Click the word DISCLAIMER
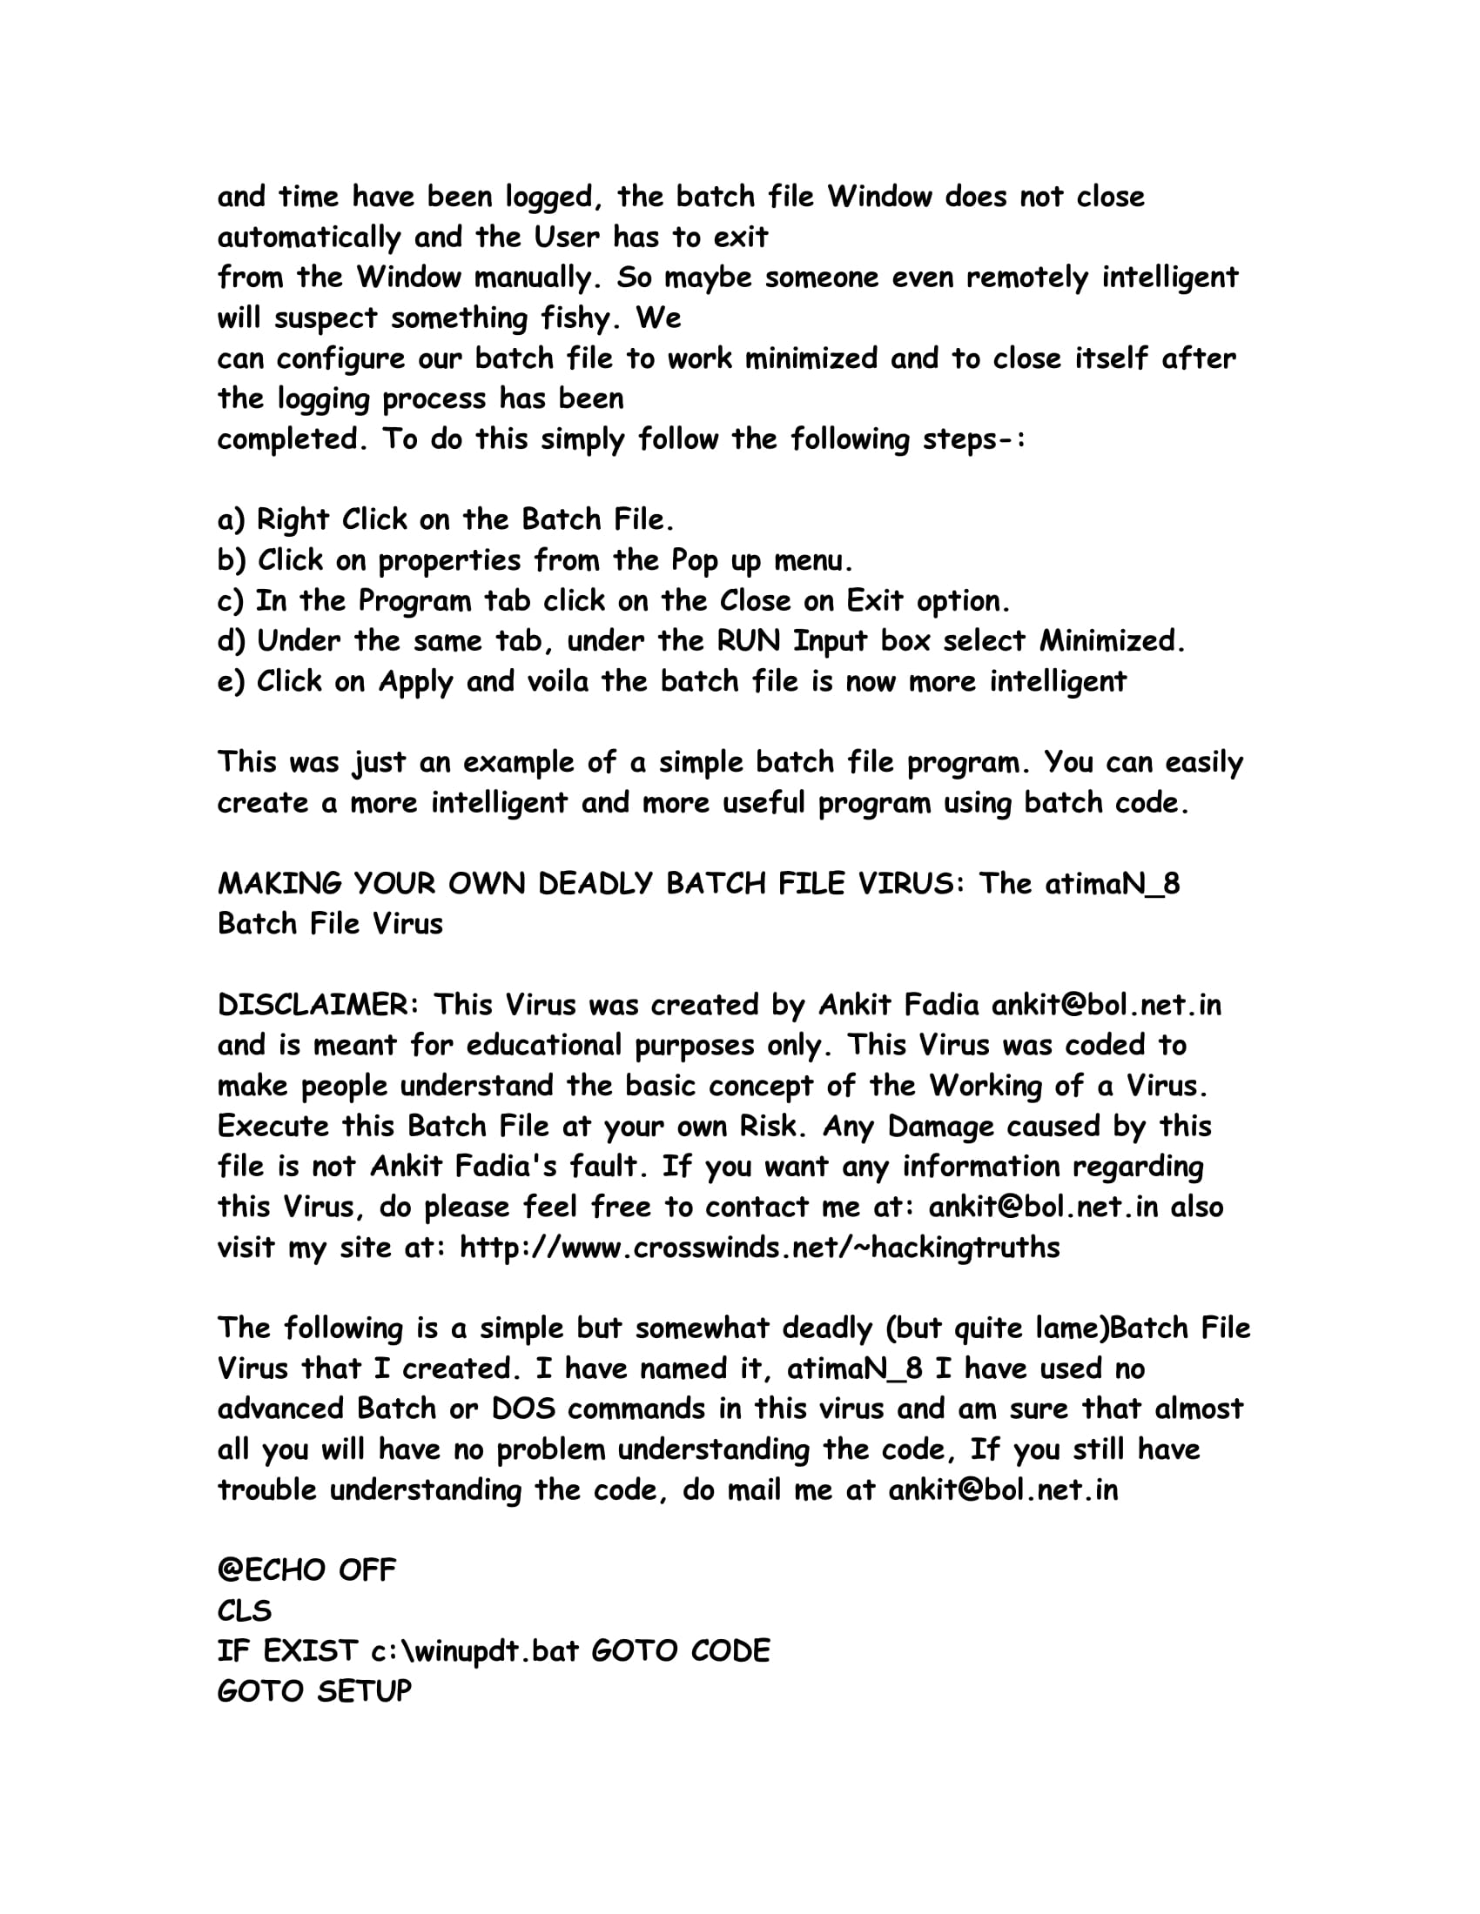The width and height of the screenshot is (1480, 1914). (x=313, y=1004)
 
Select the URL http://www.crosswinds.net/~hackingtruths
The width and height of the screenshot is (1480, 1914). (x=759, y=1247)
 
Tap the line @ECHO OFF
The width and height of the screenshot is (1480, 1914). (x=306, y=1569)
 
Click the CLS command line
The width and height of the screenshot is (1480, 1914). (x=245, y=1610)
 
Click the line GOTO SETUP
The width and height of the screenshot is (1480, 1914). (x=314, y=1691)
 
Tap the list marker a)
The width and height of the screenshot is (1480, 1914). (x=231, y=519)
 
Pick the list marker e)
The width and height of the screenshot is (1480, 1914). (x=231, y=682)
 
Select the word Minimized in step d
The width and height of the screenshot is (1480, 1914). (x=1111, y=641)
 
